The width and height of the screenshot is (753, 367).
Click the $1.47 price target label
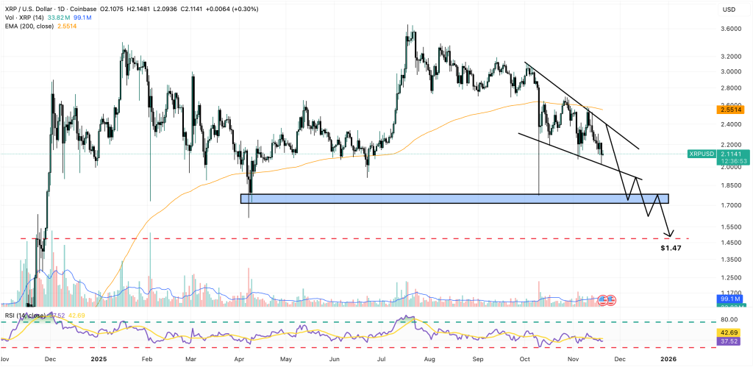(670, 249)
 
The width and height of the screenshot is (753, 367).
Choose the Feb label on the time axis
(146, 359)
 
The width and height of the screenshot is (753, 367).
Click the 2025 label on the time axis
(99, 359)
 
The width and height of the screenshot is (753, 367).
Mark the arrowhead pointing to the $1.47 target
(670, 235)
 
